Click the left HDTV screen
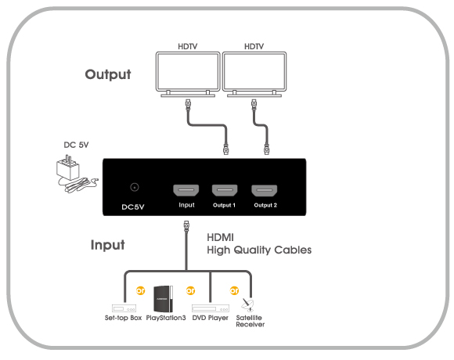pos(188,72)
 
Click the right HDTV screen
pos(254,72)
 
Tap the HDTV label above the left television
pos(188,46)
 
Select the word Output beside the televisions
pos(108,74)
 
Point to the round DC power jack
pos(134,187)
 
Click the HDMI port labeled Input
pos(186,190)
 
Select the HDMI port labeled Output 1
pos(225,190)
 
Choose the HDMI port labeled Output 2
pos(264,190)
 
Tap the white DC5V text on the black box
pos(133,207)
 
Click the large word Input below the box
pos(108,245)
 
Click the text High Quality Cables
pos(259,250)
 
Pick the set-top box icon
pos(124,308)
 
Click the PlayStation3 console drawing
pos(164,299)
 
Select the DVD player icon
pos(211,308)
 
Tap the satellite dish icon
pos(247,305)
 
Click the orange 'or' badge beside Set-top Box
pos(141,290)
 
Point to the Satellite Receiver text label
pos(250,321)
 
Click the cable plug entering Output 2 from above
pos(267,149)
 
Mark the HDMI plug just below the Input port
pos(186,225)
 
